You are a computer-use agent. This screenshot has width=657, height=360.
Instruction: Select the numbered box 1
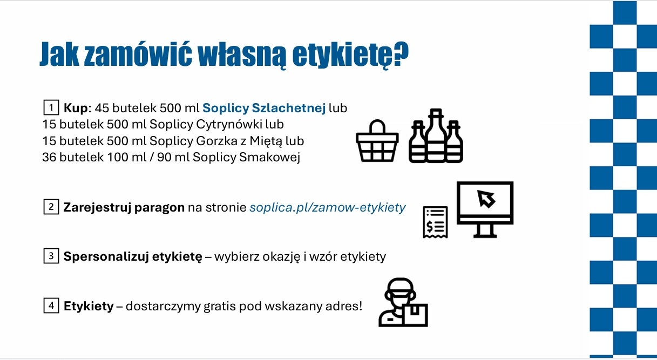pyautogui.click(x=51, y=107)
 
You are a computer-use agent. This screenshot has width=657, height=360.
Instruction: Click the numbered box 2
pyautogui.click(x=51, y=207)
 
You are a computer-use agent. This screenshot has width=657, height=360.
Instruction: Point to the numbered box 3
pyautogui.click(x=51, y=256)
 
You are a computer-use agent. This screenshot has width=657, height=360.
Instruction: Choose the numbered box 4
pyautogui.click(x=51, y=306)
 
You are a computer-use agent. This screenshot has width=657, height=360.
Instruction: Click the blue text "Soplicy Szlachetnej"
pyautogui.click(x=264, y=108)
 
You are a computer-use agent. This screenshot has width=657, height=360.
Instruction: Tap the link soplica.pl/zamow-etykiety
pyautogui.click(x=327, y=208)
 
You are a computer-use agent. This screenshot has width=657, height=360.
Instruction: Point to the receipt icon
pyautogui.click(x=435, y=221)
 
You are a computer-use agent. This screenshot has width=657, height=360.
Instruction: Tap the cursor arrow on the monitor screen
pyautogui.click(x=486, y=199)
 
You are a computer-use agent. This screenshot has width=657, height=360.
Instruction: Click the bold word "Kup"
pyautogui.click(x=75, y=108)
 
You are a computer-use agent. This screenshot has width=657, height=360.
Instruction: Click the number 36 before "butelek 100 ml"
pyautogui.click(x=49, y=158)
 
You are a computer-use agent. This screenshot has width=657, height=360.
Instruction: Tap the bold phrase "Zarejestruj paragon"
pyautogui.click(x=124, y=208)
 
